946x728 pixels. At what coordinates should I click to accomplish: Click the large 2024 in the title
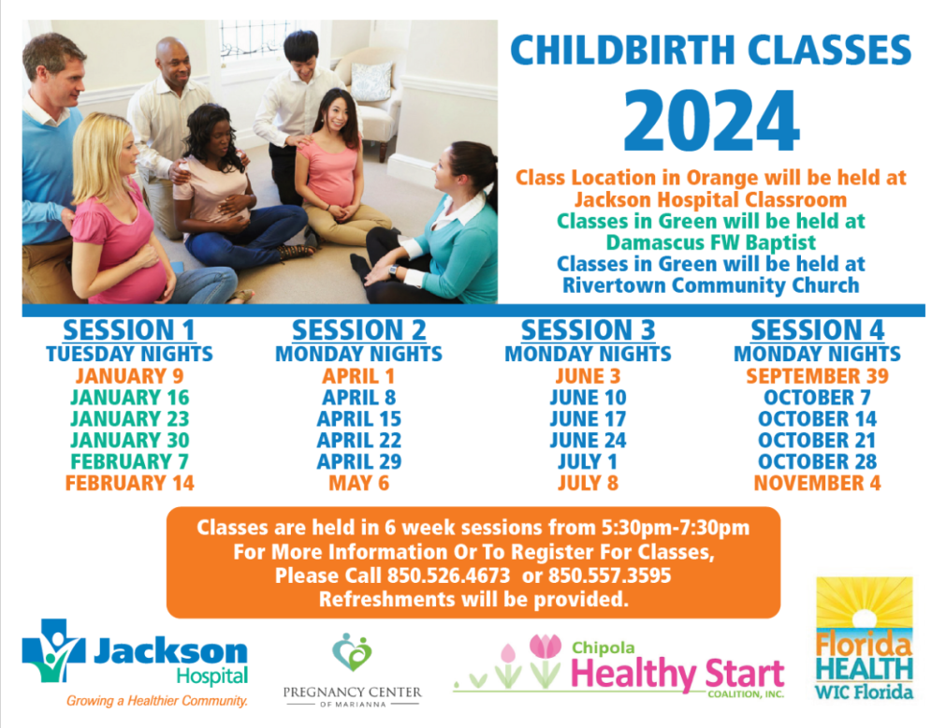click(x=711, y=122)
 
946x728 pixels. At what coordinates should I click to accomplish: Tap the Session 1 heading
click(x=129, y=330)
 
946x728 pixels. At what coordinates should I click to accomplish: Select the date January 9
click(x=129, y=376)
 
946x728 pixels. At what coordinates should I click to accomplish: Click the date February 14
click(x=130, y=483)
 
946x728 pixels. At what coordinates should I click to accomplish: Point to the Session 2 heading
click(x=359, y=330)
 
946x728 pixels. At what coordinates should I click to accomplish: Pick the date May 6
click(x=359, y=483)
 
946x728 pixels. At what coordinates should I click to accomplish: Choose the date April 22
click(x=359, y=441)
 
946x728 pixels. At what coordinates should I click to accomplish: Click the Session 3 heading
click(x=589, y=330)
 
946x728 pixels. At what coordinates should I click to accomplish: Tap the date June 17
click(x=589, y=419)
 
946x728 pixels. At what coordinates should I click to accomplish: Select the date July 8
click(x=589, y=483)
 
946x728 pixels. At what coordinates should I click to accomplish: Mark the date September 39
click(x=818, y=376)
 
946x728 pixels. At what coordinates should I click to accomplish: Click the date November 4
click(x=818, y=483)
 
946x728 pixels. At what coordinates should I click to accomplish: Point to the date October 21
click(x=818, y=441)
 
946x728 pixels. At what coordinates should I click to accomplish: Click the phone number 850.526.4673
click(x=449, y=575)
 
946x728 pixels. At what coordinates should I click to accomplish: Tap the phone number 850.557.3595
click(x=609, y=575)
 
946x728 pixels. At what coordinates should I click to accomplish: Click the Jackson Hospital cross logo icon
click(x=53, y=650)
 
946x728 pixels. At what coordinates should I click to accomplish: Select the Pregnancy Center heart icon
click(x=353, y=652)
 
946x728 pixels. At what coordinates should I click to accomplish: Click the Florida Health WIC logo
click(x=865, y=639)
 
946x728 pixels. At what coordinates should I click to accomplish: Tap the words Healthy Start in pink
click(x=677, y=674)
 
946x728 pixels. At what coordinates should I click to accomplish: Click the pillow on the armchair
click(x=371, y=81)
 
